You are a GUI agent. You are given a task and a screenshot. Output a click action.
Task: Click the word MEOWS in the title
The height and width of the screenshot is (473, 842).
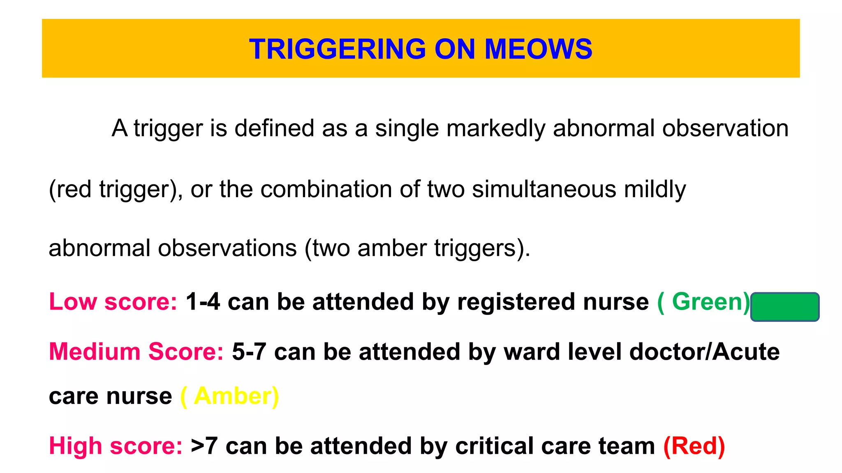[538, 49]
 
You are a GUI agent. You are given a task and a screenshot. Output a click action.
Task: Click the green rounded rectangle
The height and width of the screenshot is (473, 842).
[784, 307]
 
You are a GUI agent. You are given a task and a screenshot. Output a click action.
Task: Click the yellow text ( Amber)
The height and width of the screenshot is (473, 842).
[229, 397]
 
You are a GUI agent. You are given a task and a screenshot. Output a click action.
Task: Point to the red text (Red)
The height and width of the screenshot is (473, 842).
[694, 446]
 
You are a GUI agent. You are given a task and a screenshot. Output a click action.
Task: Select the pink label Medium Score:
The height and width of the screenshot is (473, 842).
[136, 352]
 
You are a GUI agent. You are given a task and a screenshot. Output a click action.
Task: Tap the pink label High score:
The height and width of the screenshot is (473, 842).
[116, 446]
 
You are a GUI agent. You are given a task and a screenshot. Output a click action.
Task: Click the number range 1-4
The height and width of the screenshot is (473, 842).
[203, 302]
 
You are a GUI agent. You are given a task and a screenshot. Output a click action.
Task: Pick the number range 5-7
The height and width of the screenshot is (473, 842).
[249, 352]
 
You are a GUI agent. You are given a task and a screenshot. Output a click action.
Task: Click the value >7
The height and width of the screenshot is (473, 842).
[204, 446]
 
